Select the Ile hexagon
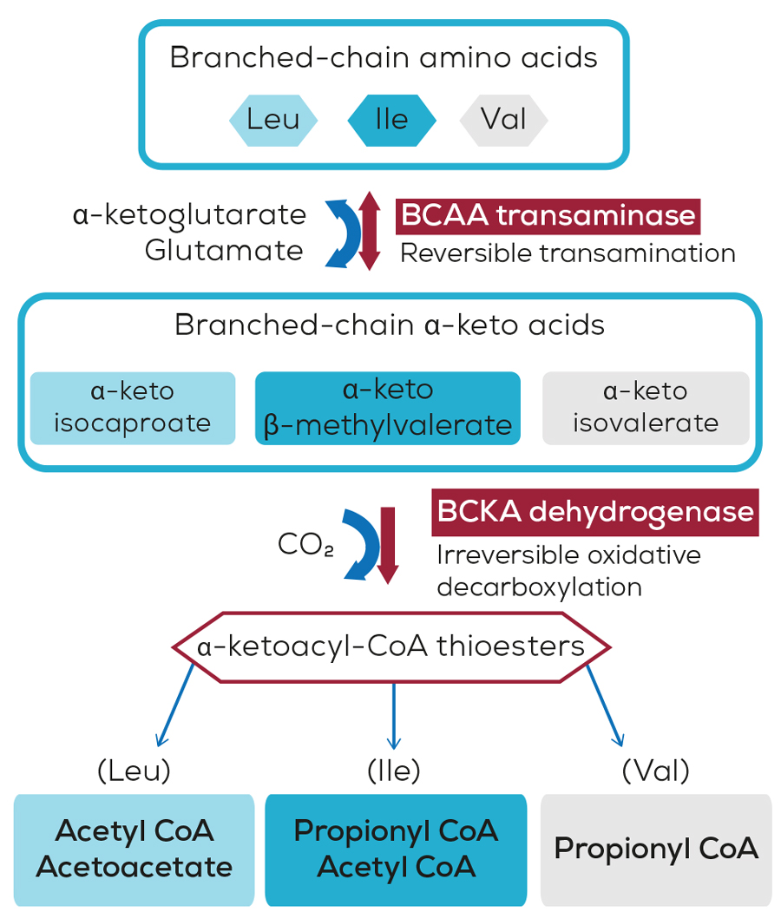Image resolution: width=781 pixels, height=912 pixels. point(391,119)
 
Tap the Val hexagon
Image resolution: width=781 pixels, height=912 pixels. point(503,119)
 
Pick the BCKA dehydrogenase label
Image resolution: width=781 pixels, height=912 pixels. point(595,512)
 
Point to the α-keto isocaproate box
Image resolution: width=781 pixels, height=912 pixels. point(133,407)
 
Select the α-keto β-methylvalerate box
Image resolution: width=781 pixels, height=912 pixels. point(387,407)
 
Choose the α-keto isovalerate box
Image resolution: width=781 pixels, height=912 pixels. point(645,407)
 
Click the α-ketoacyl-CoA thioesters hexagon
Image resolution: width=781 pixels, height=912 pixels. point(391,646)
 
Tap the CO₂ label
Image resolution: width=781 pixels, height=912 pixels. point(305,545)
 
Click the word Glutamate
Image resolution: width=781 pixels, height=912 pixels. point(224,251)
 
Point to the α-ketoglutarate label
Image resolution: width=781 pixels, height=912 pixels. point(190,215)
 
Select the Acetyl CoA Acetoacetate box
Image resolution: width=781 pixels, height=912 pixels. point(135,849)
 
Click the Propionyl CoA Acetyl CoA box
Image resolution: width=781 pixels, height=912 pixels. point(396,849)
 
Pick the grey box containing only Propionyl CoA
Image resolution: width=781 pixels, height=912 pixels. point(656,849)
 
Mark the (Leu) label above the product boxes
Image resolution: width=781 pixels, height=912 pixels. point(134,770)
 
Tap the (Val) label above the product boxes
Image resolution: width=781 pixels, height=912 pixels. point(656,770)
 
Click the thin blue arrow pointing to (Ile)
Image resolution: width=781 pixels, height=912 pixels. point(394,715)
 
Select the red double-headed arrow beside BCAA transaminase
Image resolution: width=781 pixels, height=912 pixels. point(371,230)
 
